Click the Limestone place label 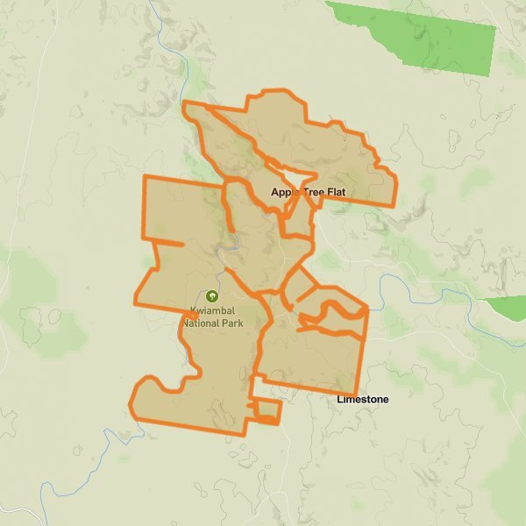tap(363, 400)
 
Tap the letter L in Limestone tap(340, 400)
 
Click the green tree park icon tap(211, 296)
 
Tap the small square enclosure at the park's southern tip tap(267, 411)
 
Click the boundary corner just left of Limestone tap(355, 394)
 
